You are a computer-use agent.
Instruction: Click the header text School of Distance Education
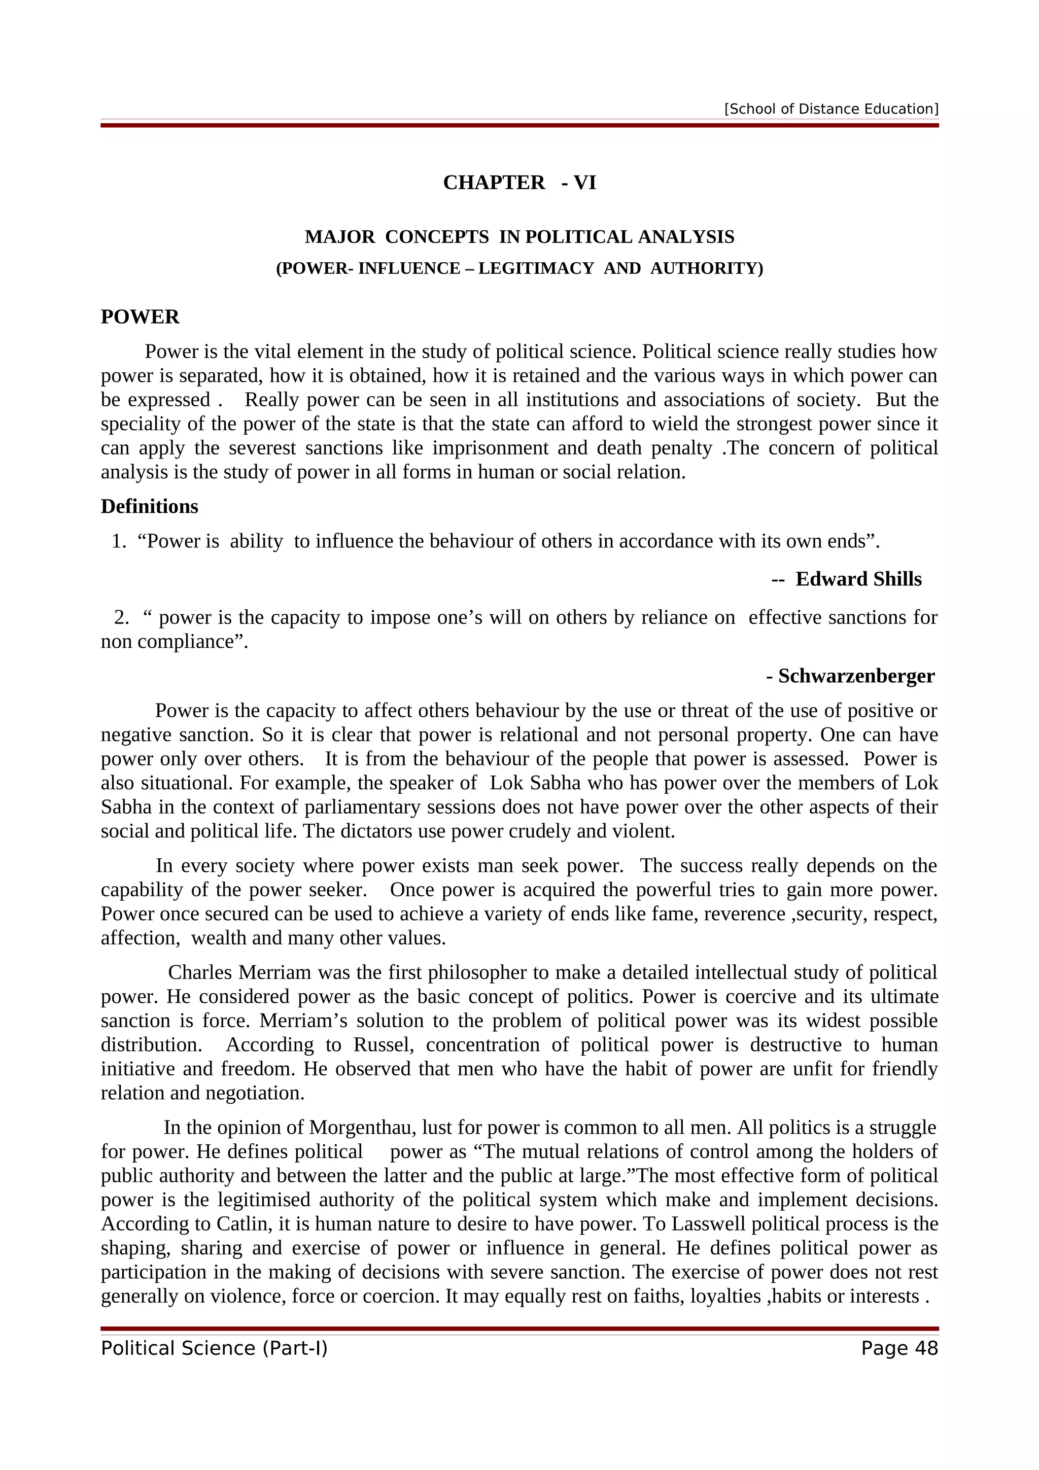831,109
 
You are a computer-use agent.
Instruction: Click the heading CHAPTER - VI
519,183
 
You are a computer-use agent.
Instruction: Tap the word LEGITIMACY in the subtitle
536,268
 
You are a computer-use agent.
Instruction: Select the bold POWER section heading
140,317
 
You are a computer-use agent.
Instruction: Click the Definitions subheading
149,506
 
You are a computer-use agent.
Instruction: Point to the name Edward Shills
858,579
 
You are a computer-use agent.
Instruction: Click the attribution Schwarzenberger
856,676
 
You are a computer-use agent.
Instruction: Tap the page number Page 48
899,1348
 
